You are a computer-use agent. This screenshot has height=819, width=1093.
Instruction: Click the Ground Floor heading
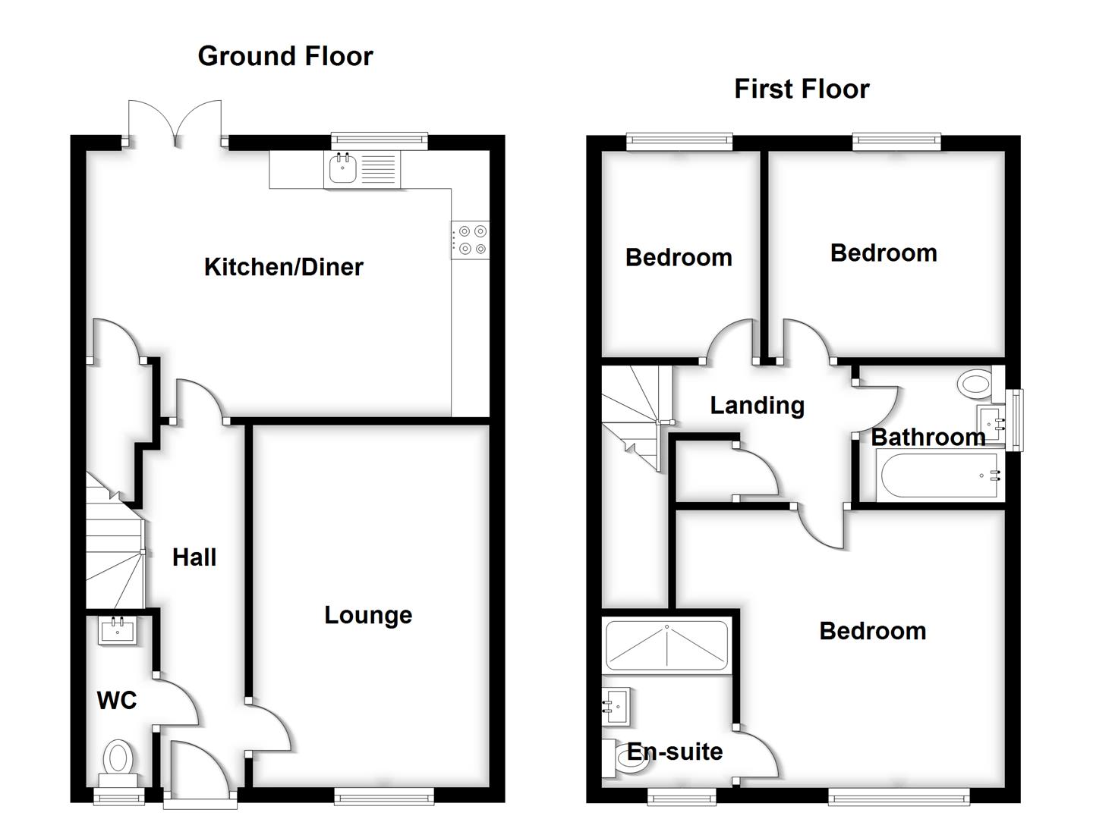tap(285, 56)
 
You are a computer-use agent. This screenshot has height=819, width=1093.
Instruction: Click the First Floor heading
tap(801, 89)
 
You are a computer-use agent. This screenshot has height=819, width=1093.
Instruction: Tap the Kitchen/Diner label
tap(283, 267)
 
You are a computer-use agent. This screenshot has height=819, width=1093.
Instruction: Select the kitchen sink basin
tap(342, 168)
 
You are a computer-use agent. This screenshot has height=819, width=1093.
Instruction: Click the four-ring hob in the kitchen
tap(471, 240)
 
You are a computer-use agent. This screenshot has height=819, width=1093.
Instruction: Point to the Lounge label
tap(368, 615)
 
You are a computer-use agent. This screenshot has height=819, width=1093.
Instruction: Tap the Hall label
tap(194, 557)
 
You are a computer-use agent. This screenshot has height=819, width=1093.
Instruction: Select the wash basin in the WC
tap(118, 630)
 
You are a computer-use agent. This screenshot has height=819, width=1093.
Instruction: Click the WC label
tap(117, 700)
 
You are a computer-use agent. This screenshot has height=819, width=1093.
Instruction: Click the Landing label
tap(757, 406)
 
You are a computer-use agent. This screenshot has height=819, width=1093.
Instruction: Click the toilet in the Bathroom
tap(978, 384)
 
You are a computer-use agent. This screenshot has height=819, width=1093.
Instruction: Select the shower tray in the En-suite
tap(666, 644)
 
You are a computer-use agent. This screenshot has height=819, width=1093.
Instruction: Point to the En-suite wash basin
tap(616, 707)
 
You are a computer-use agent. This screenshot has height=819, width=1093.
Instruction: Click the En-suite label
tap(675, 752)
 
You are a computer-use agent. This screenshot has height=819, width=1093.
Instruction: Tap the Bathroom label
tap(928, 437)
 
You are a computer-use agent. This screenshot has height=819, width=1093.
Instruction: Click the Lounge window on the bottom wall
tap(384, 795)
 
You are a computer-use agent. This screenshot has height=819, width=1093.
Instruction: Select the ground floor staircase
tap(114, 550)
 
